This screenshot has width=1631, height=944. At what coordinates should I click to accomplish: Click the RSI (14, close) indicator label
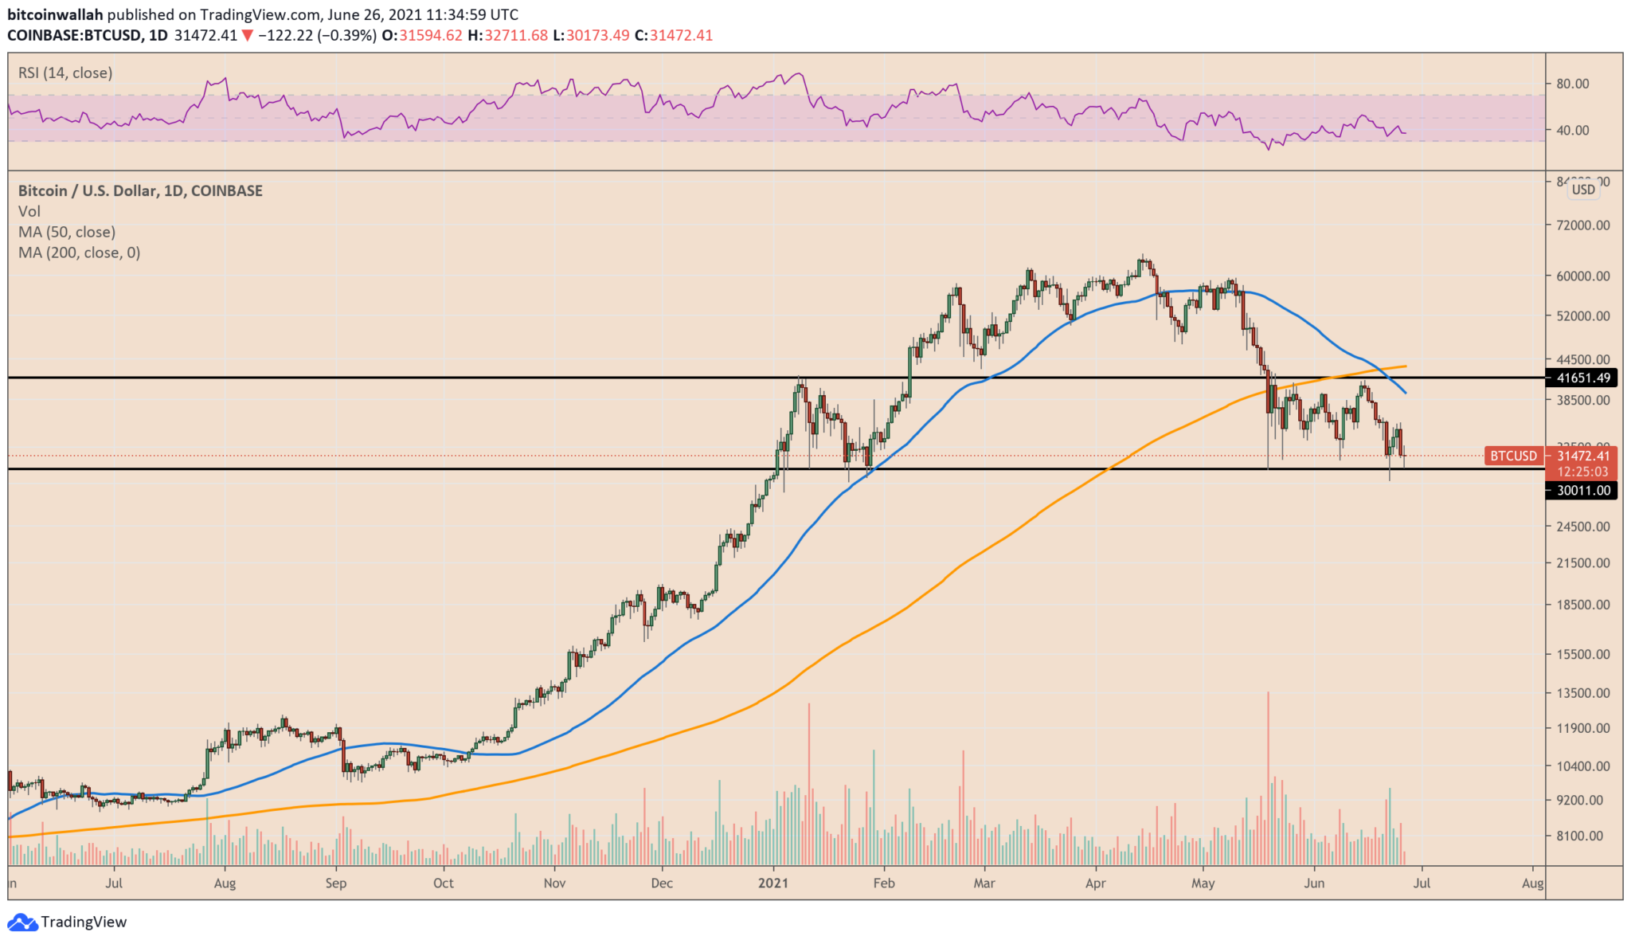[x=65, y=73]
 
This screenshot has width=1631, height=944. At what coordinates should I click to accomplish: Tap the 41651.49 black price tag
[x=1583, y=378]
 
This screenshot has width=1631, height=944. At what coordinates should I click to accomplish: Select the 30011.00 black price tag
[x=1583, y=491]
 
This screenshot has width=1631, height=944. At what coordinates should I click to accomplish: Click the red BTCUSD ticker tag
[x=1513, y=456]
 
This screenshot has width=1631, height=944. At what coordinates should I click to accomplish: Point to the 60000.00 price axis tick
[x=1582, y=276]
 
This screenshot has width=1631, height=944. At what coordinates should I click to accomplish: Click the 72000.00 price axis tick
[x=1582, y=225]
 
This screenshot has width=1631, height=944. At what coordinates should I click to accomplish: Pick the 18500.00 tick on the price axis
[x=1582, y=605]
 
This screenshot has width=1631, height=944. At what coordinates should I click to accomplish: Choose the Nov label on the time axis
[x=554, y=883]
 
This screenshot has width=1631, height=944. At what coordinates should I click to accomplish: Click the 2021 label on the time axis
[x=772, y=883]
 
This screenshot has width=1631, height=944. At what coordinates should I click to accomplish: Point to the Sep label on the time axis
[x=336, y=883]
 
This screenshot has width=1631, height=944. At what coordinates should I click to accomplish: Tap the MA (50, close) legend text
[x=67, y=232]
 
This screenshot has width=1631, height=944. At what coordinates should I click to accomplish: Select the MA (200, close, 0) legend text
[x=79, y=253]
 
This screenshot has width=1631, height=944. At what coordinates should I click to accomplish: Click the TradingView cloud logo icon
[x=22, y=922]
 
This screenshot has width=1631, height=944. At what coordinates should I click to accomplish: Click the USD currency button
[x=1583, y=190]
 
